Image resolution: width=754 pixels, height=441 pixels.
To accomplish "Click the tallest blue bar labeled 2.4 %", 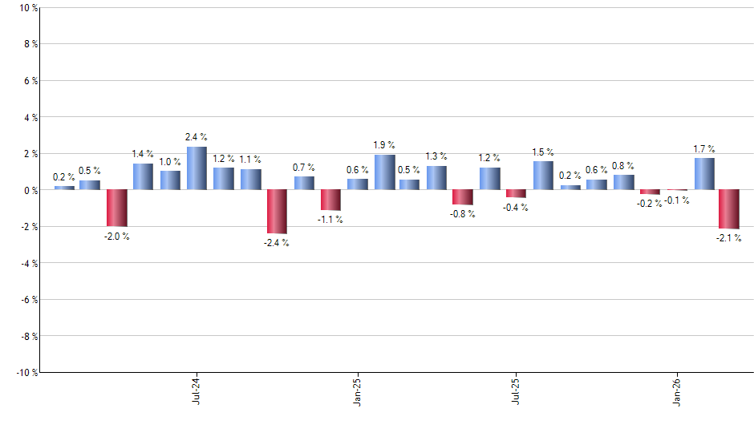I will tap(197, 168).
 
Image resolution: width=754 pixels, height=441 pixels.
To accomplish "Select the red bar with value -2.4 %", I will tap(277, 212).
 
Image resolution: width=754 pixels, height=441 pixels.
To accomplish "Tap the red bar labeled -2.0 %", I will tap(117, 208).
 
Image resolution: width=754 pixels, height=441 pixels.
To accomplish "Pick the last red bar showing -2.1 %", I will tap(729, 209).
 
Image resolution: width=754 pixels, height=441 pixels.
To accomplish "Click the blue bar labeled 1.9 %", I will tap(384, 172).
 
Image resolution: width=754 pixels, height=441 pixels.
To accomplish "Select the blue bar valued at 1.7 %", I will tap(704, 174).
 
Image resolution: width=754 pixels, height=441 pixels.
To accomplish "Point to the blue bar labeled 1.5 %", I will tap(543, 176).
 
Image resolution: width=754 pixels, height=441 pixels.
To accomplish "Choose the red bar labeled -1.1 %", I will tap(330, 200).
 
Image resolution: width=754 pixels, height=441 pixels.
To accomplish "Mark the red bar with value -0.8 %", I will tap(463, 197).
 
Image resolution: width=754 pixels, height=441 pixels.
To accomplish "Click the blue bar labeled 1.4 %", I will tap(143, 176).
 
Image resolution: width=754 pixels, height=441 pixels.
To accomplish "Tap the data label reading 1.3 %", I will tap(437, 156).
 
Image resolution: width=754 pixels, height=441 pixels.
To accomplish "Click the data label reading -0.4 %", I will tap(517, 208).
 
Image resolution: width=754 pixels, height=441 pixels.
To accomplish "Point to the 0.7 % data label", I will tap(304, 168).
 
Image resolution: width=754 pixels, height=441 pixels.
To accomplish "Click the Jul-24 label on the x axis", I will tap(197, 391).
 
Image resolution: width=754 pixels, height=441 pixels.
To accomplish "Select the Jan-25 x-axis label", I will tap(357, 391).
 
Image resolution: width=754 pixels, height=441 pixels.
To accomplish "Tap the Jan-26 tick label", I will tap(677, 391).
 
